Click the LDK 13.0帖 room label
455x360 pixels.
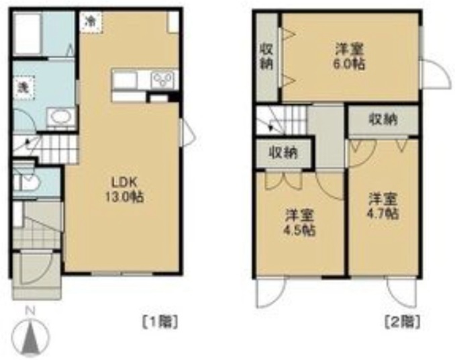tap(124, 190)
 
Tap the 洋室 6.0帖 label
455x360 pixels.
tap(350, 56)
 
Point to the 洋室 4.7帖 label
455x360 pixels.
tap(383, 206)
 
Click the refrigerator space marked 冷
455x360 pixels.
tap(91, 21)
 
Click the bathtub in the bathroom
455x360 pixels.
tap(28, 34)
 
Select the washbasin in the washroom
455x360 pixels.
tap(61, 118)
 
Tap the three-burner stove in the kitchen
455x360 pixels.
tap(162, 79)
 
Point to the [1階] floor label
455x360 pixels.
tap(160, 322)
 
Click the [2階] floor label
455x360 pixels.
tap(402, 322)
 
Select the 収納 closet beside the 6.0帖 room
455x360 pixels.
tap(266, 56)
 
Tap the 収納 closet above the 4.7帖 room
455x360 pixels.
tap(383, 120)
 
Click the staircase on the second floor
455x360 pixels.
tap(281, 120)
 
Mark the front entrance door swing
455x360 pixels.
tap(36, 268)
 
